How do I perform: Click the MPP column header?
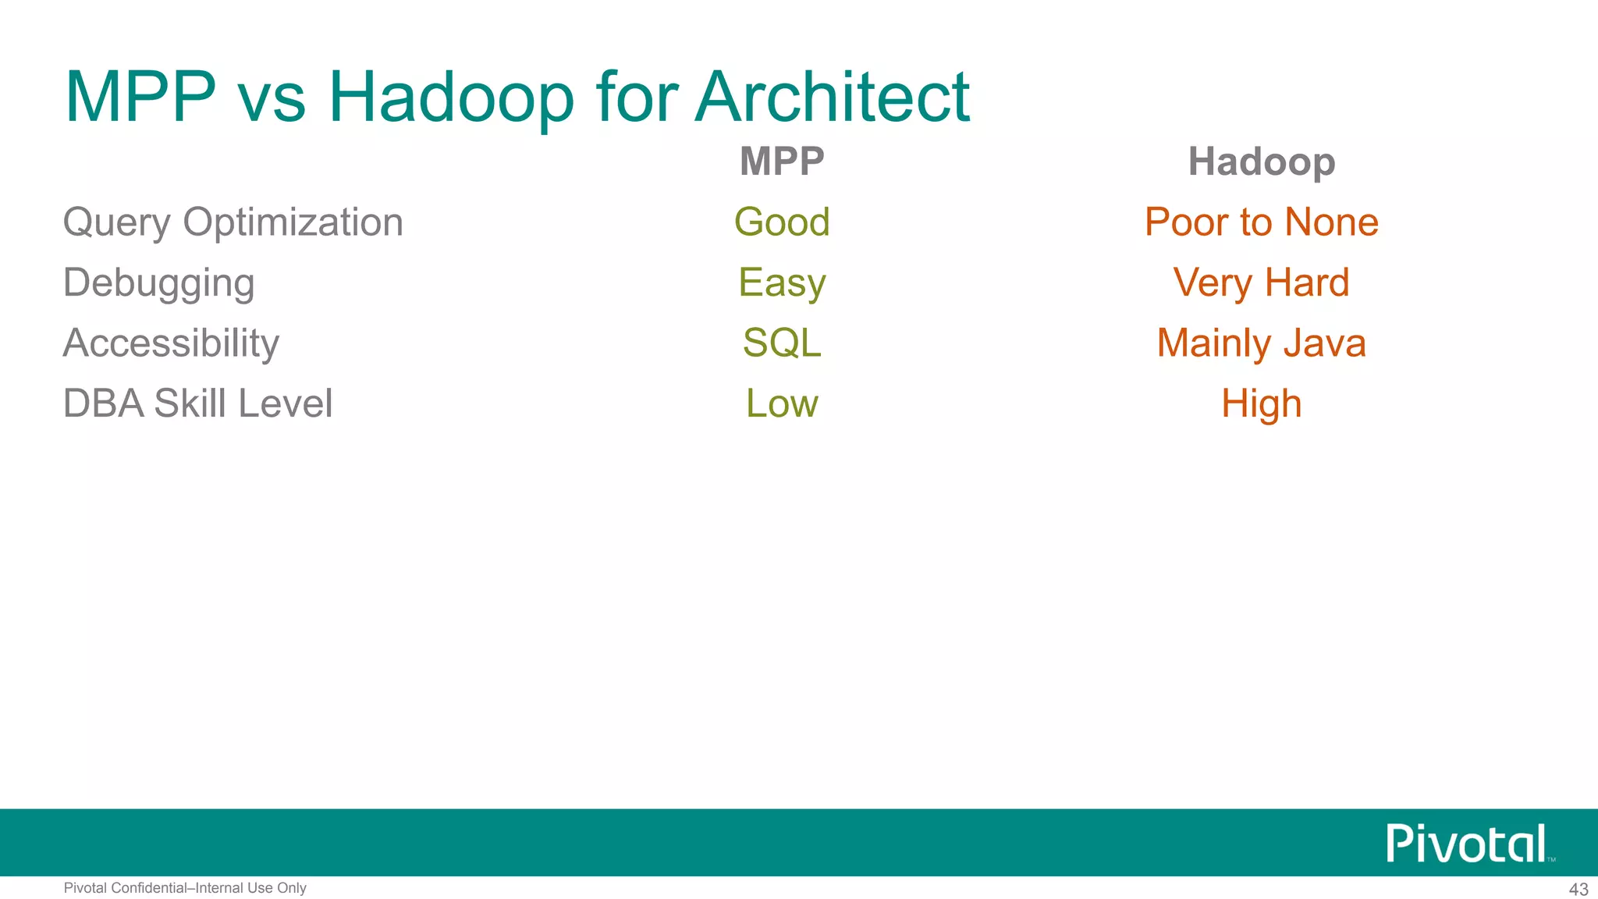pyautogui.click(x=782, y=162)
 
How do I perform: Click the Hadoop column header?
pyautogui.click(x=1261, y=162)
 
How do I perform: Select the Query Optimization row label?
pyautogui.click(x=233, y=222)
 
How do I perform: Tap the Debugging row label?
pyautogui.click(x=158, y=283)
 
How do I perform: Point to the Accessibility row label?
pyautogui.click(x=171, y=343)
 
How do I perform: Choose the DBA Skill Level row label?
pyautogui.click(x=197, y=403)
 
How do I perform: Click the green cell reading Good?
pyautogui.click(x=782, y=222)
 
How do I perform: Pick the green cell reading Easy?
pyautogui.click(x=782, y=283)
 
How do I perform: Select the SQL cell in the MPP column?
pyautogui.click(x=782, y=343)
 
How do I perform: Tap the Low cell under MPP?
pyautogui.click(x=782, y=403)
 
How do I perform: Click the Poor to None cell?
pyautogui.click(x=1261, y=222)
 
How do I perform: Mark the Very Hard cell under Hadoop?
pyautogui.click(x=1261, y=283)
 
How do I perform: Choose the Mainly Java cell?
pyautogui.click(x=1261, y=343)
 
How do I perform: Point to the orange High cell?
pyautogui.click(x=1261, y=403)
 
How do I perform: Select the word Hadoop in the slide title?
pyautogui.click(x=451, y=98)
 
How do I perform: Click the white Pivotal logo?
pyautogui.click(x=1466, y=844)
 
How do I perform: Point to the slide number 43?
pyautogui.click(x=1578, y=890)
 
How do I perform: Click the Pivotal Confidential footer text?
pyautogui.click(x=185, y=888)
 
